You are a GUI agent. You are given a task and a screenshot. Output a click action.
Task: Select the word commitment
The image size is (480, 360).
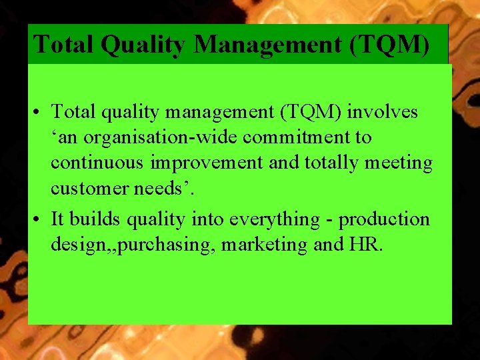click(300, 138)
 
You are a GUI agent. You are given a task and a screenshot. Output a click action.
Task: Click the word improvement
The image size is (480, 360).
click(204, 163)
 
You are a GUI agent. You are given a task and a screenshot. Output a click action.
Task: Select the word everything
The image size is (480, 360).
click(273, 219)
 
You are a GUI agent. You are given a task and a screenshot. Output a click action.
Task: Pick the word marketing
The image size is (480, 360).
click(264, 245)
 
